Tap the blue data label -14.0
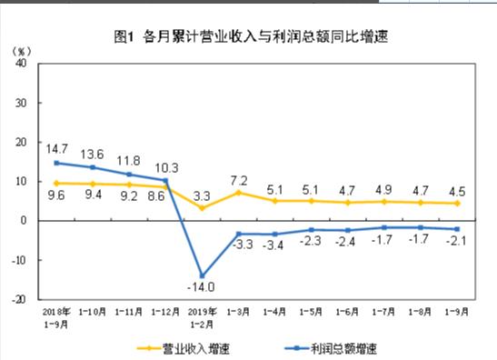click(x=204, y=288)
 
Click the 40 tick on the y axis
click(x=21, y=65)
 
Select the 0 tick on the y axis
click(x=25, y=221)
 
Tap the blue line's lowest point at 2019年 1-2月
click(x=204, y=275)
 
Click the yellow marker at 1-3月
click(x=240, y=193)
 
